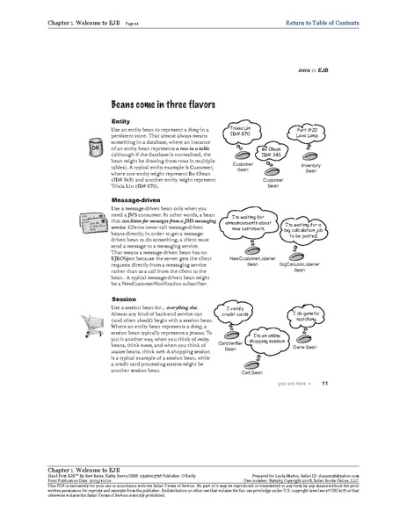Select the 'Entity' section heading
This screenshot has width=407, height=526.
121,120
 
